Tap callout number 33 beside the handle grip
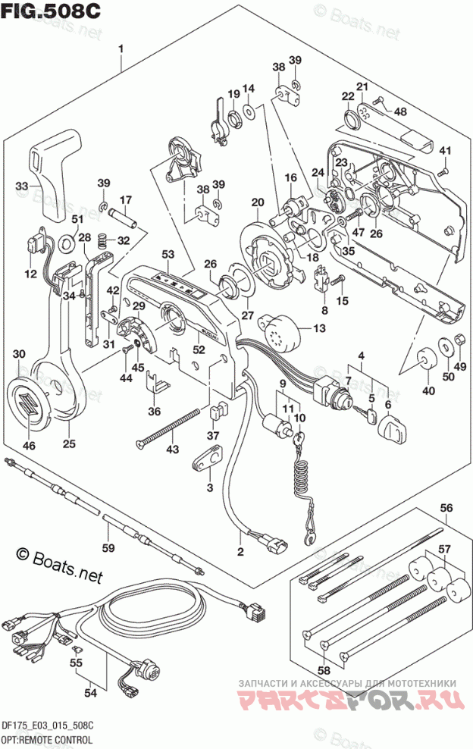click(x=23, y=186)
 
